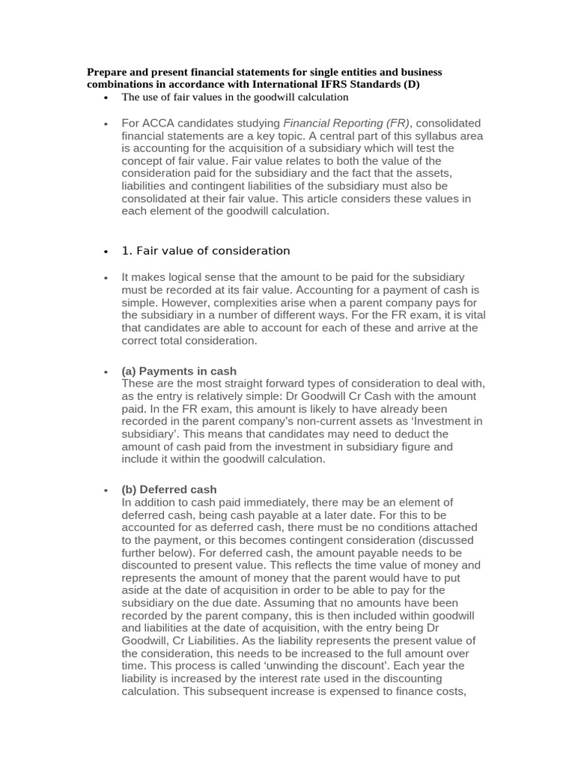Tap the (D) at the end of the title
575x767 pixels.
(411, 85)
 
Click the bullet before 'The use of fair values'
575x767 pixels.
(106, 98)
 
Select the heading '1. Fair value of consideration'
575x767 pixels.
(205, 251)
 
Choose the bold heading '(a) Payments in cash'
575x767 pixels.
(179, 372)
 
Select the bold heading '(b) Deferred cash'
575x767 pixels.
(169, 490)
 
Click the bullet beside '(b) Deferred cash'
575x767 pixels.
(106, 490)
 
